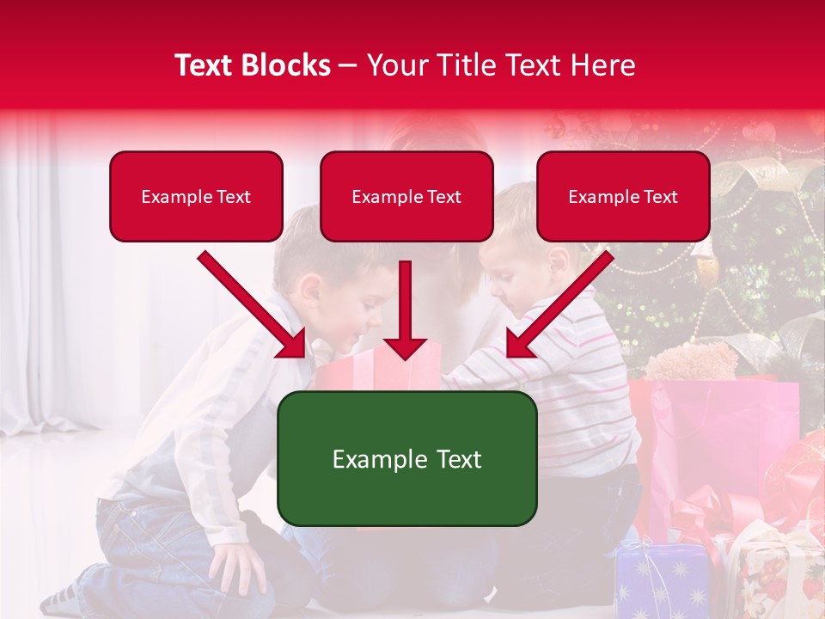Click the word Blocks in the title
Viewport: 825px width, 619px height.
tap(284, 65)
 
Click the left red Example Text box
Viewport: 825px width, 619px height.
tap(196, 197)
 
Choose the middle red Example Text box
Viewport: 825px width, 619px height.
tap(406, 197)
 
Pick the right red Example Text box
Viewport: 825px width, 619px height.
tap(623, 197)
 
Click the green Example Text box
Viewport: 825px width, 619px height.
tap(406, 459)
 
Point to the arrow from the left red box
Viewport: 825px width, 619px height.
tap(253, 304)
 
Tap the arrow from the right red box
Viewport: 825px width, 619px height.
tap(559, 304)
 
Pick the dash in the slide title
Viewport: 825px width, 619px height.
tap(349, 66)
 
